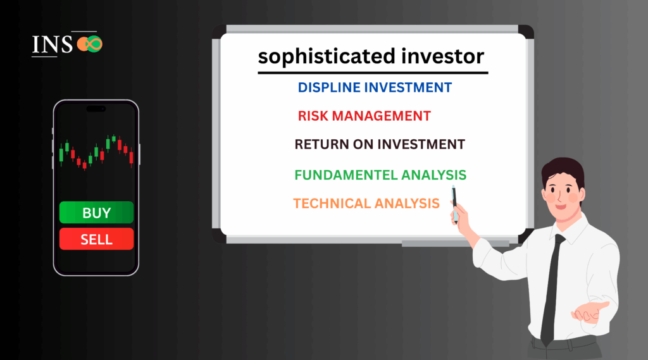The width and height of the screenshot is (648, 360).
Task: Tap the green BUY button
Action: [96, 213]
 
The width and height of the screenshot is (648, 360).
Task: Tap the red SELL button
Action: [96, 239]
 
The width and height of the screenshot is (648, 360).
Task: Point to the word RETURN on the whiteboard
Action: [321, 144]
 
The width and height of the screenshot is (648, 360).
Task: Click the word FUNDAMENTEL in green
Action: [346, 175]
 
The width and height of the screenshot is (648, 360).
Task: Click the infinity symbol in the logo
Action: [90, 44]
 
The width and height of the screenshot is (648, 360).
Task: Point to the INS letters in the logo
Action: [53, 45]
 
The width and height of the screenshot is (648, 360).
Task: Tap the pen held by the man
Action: [454, 204]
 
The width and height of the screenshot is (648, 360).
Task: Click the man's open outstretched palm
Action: [590, 312]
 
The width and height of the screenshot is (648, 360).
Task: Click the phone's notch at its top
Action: [96, 109]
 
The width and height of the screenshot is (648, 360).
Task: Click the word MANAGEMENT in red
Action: [382, 116]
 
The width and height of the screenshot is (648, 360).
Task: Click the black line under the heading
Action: [373, 73]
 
